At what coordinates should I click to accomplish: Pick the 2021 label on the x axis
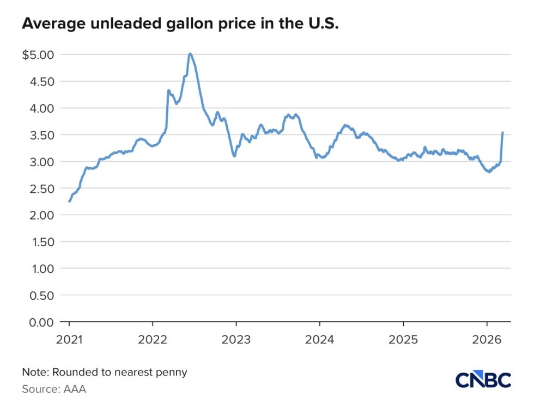click(69, 338)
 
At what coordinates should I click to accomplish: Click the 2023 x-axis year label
click(236, 338)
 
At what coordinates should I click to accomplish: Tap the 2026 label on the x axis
click(487, 338)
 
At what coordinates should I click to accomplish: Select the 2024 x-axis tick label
click(319, 338)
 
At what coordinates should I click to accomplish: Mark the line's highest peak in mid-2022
click(190, 53)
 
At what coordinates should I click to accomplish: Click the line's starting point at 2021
click(69, 201)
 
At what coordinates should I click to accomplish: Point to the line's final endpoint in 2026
click(502, 133)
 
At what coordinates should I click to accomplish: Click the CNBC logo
click(483, 380)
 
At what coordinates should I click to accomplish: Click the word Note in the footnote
click(33, 373)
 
